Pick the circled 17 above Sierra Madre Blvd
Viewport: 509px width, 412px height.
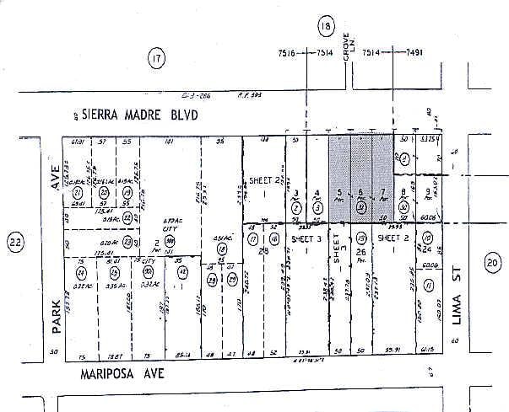[154, 58]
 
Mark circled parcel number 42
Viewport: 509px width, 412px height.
[182, 272]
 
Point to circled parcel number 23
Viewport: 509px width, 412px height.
[127, 241]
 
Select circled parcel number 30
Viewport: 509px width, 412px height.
[403, 206]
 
